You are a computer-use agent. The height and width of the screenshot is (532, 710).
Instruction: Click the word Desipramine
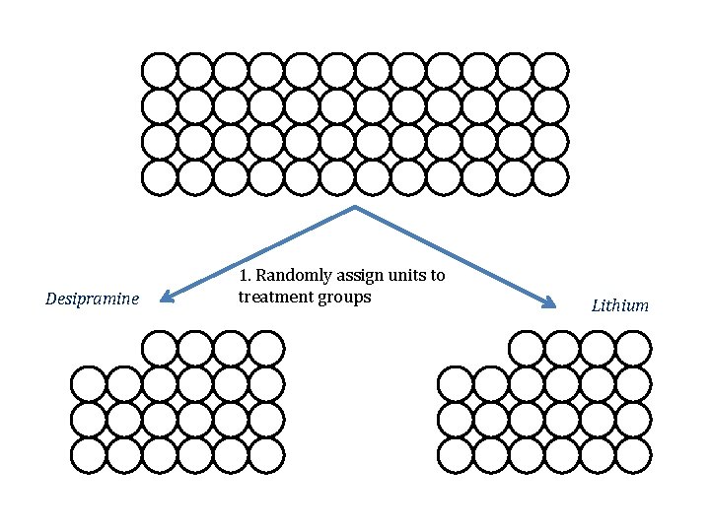pyautogui.click(x=92, y=299)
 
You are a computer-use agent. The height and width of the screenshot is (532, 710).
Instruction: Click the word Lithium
pyautogui.click(x=619, y=305)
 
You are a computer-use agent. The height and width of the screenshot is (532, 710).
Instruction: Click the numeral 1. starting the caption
pyautogui.click(x=245, y=276)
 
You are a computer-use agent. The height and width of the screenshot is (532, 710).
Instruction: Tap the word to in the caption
pyautogui.click(x=438, y=276)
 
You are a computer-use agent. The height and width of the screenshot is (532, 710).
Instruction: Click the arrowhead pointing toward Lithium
pyautogui.click(x=552, y=303)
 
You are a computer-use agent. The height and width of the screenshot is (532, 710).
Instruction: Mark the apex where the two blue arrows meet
pyautogui.click(x=355, y=208)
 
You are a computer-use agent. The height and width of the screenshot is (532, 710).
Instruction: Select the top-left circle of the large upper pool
pyautogui.click(x=160, y=71)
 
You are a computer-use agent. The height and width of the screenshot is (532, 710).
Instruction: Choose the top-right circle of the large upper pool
pyautogui.click(x=550, y=71)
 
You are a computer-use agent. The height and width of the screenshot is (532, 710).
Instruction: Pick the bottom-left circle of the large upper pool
pyautogui.click(x=160, y=177)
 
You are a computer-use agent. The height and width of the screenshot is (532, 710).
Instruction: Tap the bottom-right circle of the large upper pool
pyautogui.click(x=550, y=177)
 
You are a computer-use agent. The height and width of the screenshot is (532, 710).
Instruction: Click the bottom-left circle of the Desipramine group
pyautogui.click(x=90, y=455)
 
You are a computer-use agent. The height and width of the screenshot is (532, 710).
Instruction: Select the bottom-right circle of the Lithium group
pyautogui.click(x=633, y=455)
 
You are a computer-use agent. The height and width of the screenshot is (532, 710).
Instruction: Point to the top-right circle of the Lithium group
pyautogui.click(x=633, y=349)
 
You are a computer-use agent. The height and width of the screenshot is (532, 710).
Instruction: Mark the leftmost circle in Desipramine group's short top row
pyautogui.click(x=160, y=349)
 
